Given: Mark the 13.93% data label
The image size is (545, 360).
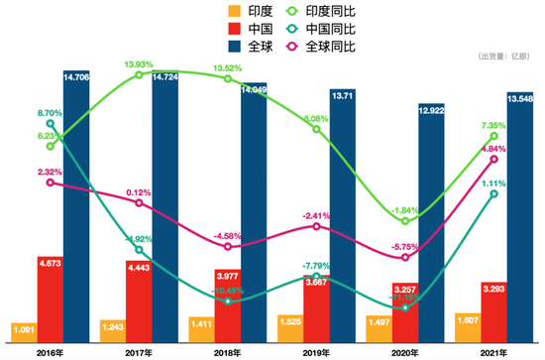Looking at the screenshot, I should tap(139, 64).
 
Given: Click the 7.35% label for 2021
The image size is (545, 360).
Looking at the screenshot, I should tap(493, 127).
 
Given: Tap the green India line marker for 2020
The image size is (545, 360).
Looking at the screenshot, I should tap(405, 221).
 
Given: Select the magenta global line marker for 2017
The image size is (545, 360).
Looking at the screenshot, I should tap(139, 204).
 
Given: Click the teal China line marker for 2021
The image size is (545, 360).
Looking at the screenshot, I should tap(494, 194).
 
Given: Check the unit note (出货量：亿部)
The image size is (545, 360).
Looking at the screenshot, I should tap(502, 58).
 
